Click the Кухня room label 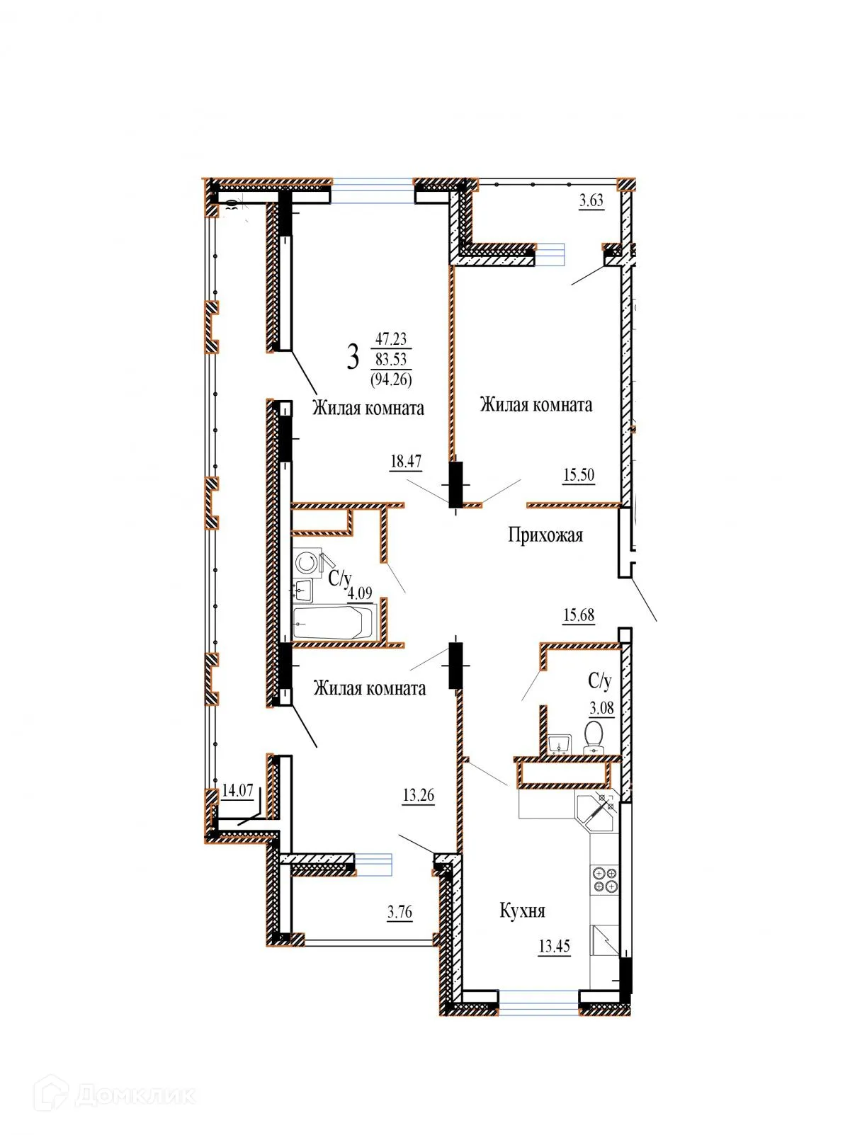click(523, 911)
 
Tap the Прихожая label click(545, 535)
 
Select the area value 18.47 click(406, 462)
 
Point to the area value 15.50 click(579, 475)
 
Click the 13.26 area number click(419, 795)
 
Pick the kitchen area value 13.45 click(555, 946)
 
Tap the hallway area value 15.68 click(579, 615)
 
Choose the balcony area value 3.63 click(591, 200)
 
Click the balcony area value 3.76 click(399, 912)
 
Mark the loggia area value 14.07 click(237, 790)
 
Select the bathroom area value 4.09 click(359, 593)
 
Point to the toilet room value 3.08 click(602, 708)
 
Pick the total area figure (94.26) click(391, 380)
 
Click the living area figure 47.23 click(391, 339)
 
